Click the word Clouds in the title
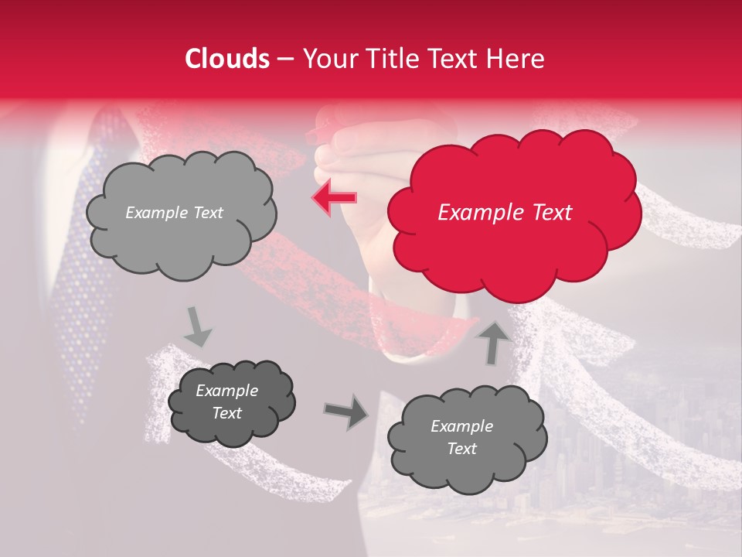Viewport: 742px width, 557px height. tap(227, 59)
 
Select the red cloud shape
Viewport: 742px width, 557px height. tap(514, 248)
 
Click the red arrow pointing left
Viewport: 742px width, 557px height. tap(334, 197)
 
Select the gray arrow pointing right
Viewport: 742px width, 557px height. tap(346, 412)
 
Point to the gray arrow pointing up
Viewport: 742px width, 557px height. tap(495, 343)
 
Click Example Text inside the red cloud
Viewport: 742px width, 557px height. tap(505, 213)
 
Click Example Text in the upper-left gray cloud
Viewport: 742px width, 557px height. tap(174, 213)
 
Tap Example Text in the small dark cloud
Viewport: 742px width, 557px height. tap(226, 402)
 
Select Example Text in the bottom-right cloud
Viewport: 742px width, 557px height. tap(461, 437)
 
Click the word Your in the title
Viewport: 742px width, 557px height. tap(325, 59)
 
